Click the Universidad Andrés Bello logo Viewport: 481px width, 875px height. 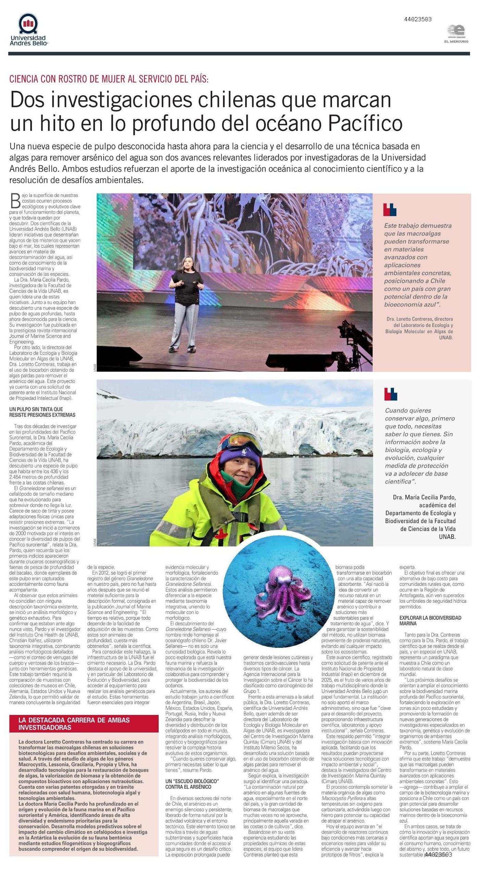pos(28,30)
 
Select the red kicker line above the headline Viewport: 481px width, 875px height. pos(109,79)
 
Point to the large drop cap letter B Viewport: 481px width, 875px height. pos(16,201)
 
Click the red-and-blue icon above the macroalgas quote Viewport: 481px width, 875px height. pos(390,210)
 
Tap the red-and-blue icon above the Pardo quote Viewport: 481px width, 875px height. pos(391,394)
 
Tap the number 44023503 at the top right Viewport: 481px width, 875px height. pos(418,20)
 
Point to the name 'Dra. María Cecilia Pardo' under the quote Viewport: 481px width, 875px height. pos(424,497)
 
